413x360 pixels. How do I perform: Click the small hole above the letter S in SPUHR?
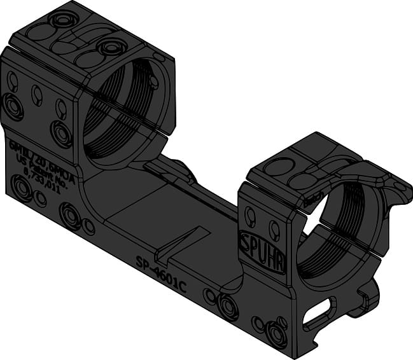pos(250,216)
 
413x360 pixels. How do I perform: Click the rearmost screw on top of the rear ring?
pos(64,19)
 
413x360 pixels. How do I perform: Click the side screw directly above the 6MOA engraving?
pos(62,134)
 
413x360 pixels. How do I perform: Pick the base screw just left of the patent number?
pos(22,188)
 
